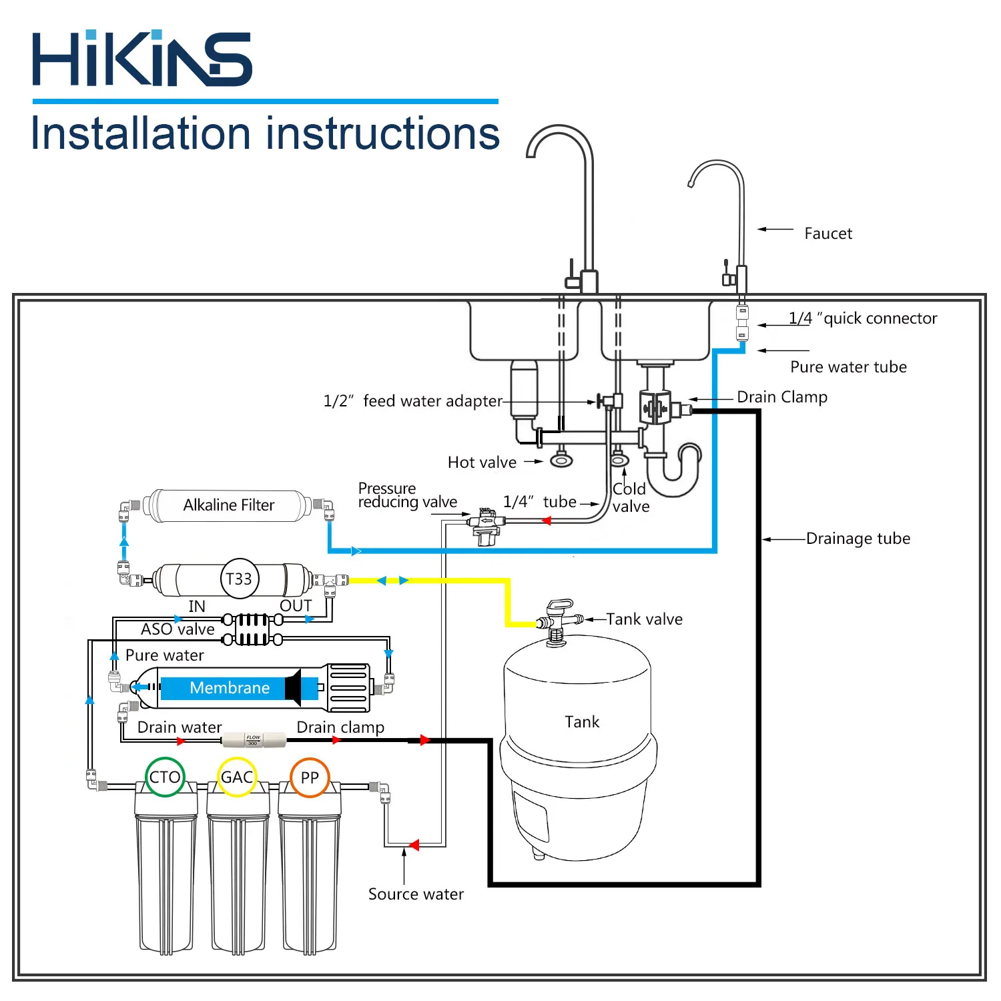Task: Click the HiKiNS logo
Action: [142, 59]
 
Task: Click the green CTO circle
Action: [165, 777]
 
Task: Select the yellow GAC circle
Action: [238, 777]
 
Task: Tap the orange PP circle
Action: [310, 777]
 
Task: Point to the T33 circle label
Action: [239, 579]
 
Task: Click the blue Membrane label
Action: [230, 688]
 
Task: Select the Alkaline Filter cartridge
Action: [228, 505]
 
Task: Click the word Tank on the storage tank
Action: [582, 722]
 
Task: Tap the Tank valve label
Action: [644, 619]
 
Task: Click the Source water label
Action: [416, 894]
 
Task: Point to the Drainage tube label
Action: [858, 539]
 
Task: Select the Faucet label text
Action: [828, 234]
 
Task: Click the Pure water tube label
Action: [848, 367]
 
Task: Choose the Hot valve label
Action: [482, 462]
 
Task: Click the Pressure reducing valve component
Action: [484, 525]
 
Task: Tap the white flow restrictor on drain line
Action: [254, 739]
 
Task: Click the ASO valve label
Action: [178, 629]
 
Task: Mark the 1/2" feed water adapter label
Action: [412, 401]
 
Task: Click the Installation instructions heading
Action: [266, 133]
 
